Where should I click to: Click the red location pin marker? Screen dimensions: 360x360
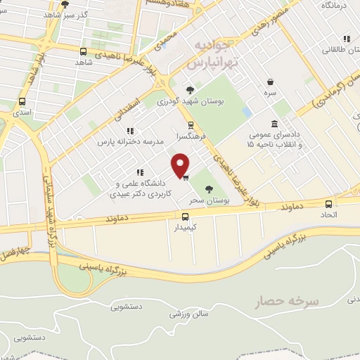coord(181,165)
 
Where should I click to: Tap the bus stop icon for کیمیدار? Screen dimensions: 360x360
coord(185,217)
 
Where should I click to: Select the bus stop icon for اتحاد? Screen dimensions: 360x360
coord(328,202)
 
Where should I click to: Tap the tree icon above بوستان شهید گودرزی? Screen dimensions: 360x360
coord(190,89)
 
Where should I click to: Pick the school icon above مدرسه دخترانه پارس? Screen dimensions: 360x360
coord(130,130)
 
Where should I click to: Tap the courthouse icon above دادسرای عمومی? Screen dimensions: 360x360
coord(273,122)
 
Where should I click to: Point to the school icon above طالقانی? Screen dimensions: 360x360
coord(345,39)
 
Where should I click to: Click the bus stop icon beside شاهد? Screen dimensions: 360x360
coord(84,51)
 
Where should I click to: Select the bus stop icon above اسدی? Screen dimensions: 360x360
coord(22,101)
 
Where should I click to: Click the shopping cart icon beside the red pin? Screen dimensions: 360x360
coord(185,177)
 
